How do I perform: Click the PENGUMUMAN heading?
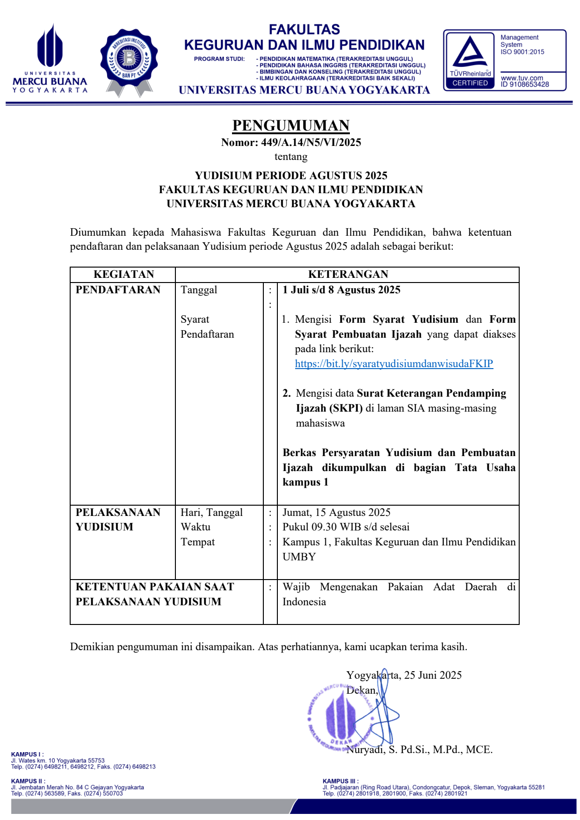pos(290,125)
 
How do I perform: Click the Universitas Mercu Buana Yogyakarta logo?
pos(50,58)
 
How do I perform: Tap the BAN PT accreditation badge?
pos(129,61)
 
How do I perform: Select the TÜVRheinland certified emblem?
pos(470,60)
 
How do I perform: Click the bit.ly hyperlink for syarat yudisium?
pos(394,364)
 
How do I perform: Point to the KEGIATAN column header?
pos(123,275)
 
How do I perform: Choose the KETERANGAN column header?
pos(348,275)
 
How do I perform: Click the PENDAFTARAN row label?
pos(118,290)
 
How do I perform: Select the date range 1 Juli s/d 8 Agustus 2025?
pos(341,290)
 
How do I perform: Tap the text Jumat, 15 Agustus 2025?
pos(336,513)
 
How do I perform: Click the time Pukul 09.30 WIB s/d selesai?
pos(346,527)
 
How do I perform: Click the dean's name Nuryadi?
pos(365,750)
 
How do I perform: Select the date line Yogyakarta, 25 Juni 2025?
pos(404,675)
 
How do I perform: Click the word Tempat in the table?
pos(198,542)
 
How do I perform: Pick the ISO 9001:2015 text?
pos(522,52)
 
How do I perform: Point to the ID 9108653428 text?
pos(525,85)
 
